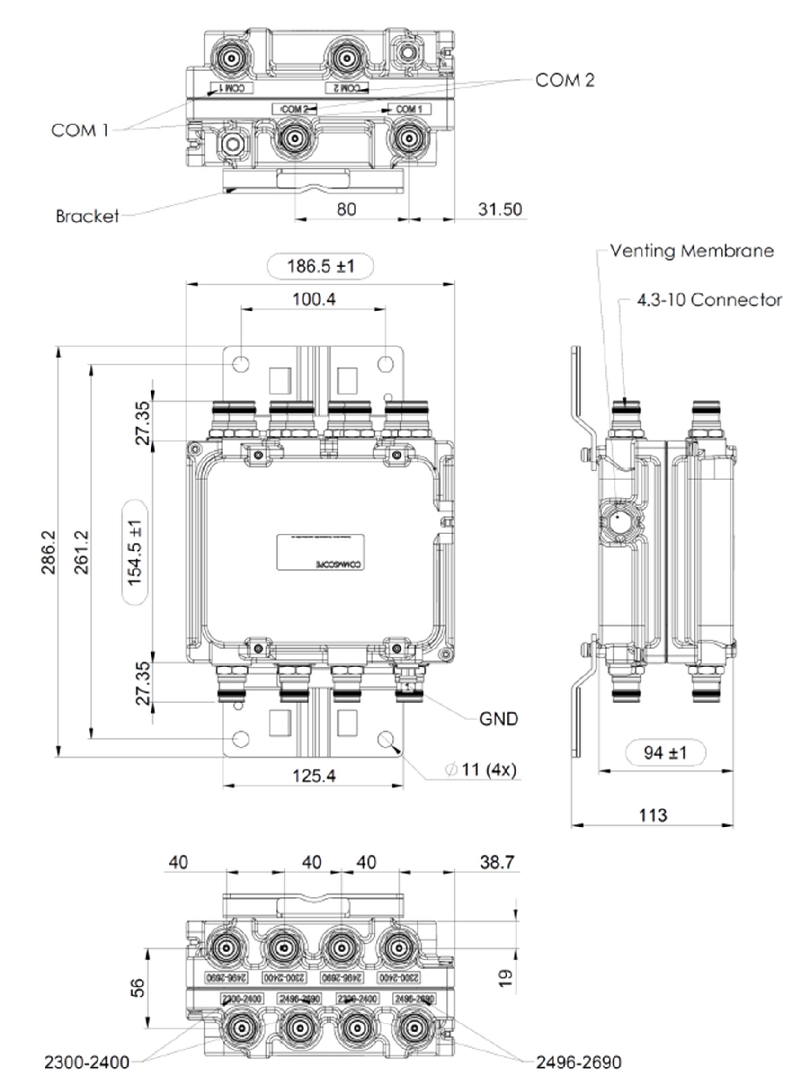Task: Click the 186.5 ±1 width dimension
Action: pyautogui.click(x=320, y=267)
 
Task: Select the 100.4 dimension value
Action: pyautogui.click(x=314, y=299)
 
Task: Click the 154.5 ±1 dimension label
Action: pyautogui.click(x=134, y=552)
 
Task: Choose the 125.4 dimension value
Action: pyautogui.click(x=314, y=775)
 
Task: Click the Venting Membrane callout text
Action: pyautogui.click(x=692, y=251)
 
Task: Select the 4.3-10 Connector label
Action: pyautogui.click(x=709, y=300)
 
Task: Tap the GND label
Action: pyautogui.click(x=498, y=719)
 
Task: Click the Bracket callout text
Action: pyautogui.click(x=87, y=216)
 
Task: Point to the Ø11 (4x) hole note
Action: pyautogui.click(x=481, y=769)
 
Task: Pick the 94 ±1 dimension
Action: pyautogui.click(x=665, y=753)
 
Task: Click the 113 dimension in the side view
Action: pyautogui.click(x=653, y=815)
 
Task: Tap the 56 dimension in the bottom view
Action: pyautogui.click(x=138, y=987)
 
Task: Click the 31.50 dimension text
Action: pyautogui.click(x=499, y=209)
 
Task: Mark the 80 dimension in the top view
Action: pyautogui.click(x=346, y=209)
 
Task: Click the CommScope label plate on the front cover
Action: pyautogui.click(x=320, y=552)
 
